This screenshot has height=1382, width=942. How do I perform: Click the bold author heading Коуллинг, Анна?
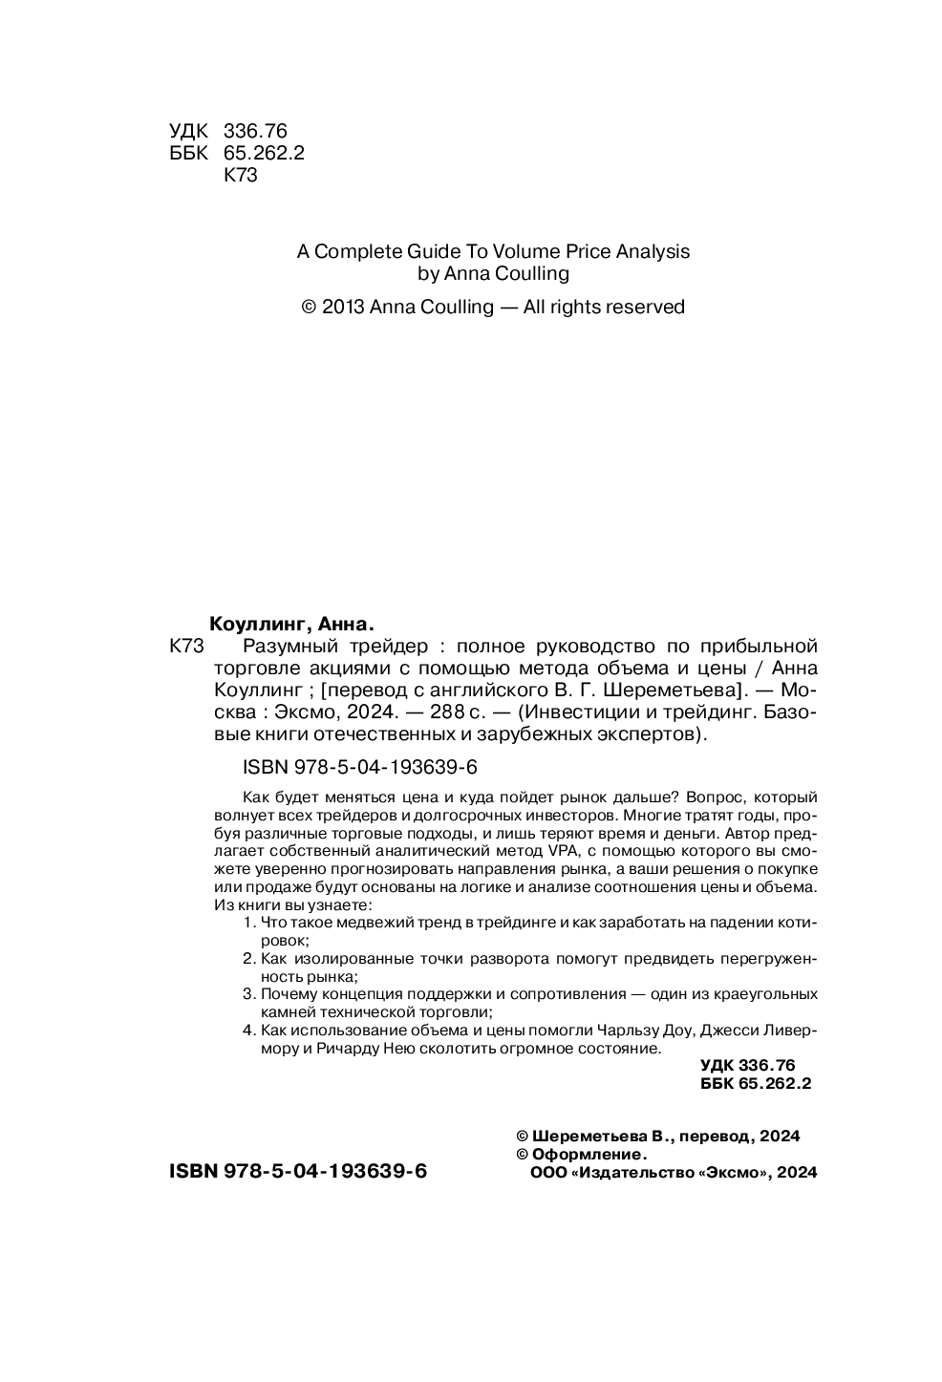click(289, 624)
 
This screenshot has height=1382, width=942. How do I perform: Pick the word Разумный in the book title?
click(288, 646)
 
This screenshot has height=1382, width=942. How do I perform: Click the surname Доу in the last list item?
click(682, 1031)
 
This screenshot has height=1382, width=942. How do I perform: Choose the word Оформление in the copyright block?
click(589, 1155)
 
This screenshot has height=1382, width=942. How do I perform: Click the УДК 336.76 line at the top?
click(228, 132)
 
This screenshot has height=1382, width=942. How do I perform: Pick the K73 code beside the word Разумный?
click(187, 646)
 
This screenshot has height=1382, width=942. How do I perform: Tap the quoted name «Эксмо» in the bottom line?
click(735, 1174)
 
